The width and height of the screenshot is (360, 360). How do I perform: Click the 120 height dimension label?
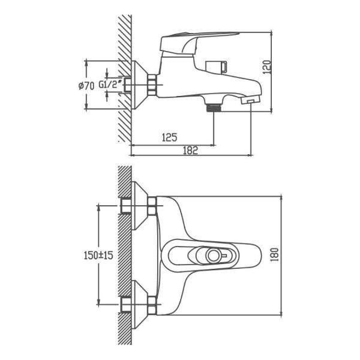pyautogui.click(x=267, y=67)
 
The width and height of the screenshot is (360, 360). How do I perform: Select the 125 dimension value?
pyautogui.click(x=170, y=137)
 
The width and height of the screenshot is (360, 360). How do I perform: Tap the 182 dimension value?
pyautogui.click(x=190, y=151)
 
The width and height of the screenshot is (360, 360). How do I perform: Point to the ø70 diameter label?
pyautogui.click(x=86, y=86)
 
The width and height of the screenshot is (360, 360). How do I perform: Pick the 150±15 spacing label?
pyautogui.click(x=98, y=255)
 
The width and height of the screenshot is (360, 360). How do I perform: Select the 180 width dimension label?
pyautogui.click(x=275, y=254)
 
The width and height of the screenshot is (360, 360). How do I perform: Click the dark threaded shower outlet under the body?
pyautogui.click(x=214, y=107)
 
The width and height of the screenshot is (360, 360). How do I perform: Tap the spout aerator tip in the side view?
pyautogui.click(x=250, y=100)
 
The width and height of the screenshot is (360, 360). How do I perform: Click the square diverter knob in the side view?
pyautogui.click(x=217, y=67)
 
